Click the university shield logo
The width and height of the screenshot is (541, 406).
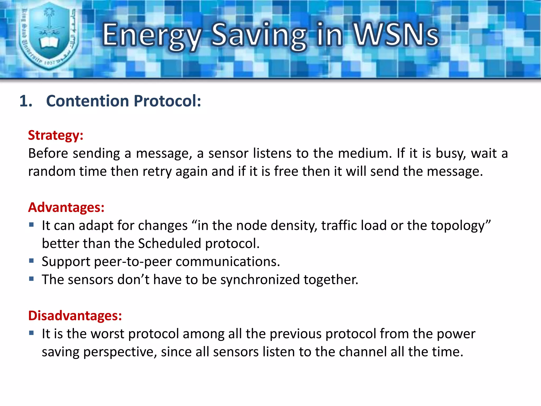(x=49, y=36)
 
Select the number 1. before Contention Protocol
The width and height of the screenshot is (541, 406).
(x=26, y=101)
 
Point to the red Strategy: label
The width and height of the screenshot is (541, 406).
(x=56, y=135)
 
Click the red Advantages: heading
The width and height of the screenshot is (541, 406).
(x=66, y=207)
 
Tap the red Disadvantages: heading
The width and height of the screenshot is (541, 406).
(x=75, y=316)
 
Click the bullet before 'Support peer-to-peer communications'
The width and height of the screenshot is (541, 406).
(x=32, y=261)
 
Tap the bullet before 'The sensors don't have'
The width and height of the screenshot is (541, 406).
(x=32, y=279)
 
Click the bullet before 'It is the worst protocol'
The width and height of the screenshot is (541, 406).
(x=32, y=333)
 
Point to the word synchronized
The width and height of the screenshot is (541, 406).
(x=260, y=280)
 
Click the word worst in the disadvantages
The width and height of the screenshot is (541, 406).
(x=107, y=334)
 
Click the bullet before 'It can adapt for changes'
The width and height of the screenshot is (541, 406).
(x=32, y=225)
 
